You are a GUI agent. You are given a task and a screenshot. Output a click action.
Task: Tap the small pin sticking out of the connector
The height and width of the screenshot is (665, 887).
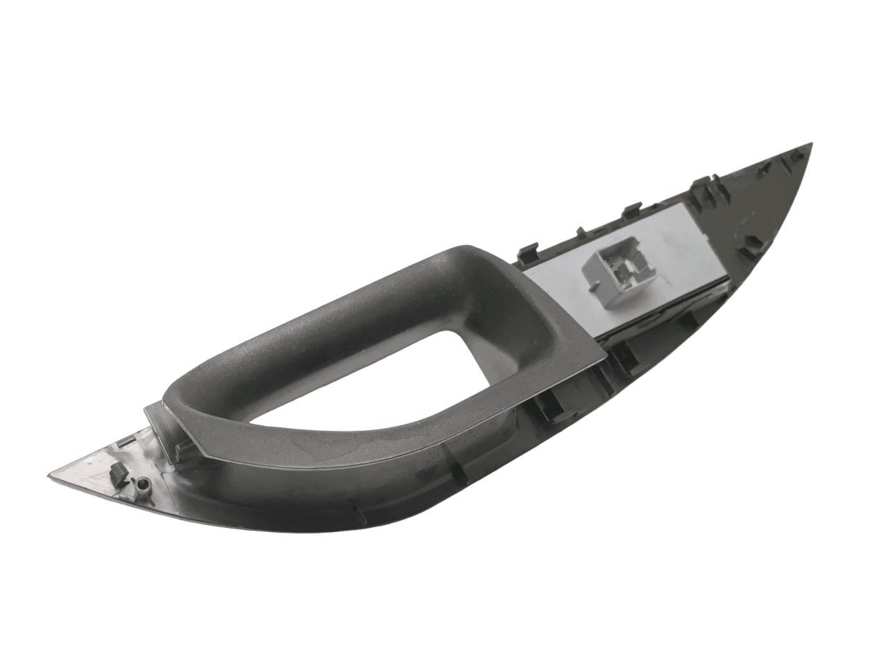[592, 283]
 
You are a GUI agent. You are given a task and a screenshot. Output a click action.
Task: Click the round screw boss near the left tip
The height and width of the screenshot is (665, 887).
[143, 486]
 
